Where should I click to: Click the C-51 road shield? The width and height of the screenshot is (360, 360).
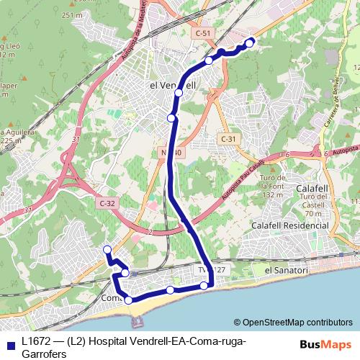202,34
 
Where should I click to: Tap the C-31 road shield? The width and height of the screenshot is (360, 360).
228,139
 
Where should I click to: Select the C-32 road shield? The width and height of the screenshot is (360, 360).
107,203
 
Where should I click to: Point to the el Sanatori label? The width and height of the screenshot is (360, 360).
286,270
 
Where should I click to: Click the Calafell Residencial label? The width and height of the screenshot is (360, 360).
289,225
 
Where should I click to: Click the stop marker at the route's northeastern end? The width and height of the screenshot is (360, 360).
250,43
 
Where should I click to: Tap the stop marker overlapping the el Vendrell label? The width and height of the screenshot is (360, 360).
178,93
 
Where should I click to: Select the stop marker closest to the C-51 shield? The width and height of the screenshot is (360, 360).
209,60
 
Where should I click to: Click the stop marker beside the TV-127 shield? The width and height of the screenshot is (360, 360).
204,286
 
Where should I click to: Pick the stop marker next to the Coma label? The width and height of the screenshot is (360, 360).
128,300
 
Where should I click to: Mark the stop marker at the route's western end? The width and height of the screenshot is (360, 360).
107,250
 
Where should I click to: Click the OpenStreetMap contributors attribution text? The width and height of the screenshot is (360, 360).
293,322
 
